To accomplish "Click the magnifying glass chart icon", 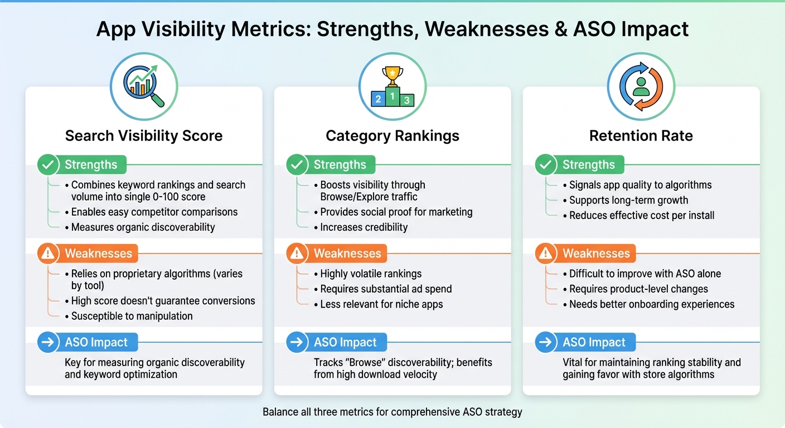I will tap(143, 87).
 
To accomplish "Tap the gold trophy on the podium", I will tap(392, 76).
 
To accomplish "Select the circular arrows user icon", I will tap(641, 87).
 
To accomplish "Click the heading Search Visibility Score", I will tap(144, 136).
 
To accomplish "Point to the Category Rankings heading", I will tap(392, 136).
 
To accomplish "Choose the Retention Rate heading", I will tap(641, 136).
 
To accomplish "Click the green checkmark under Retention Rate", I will tap(545, 165).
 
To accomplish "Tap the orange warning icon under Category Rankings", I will tap(297, 254).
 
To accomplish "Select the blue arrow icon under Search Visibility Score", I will tap(48, 342).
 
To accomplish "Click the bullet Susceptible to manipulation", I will tap(132, 316).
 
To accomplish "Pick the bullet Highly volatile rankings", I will tap(371, 274).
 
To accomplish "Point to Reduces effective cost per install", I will tap(642, 215).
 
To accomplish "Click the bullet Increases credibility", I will tap(364, 227).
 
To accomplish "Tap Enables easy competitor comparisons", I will tap(154, 212).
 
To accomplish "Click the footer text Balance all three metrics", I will tap(392, 412).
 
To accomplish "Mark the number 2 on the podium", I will tap(378, 100).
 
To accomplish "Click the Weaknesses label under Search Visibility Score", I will tap(98, 254).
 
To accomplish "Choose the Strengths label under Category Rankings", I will tap(340, 165).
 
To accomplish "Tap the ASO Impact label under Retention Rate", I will tap(594, 342).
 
